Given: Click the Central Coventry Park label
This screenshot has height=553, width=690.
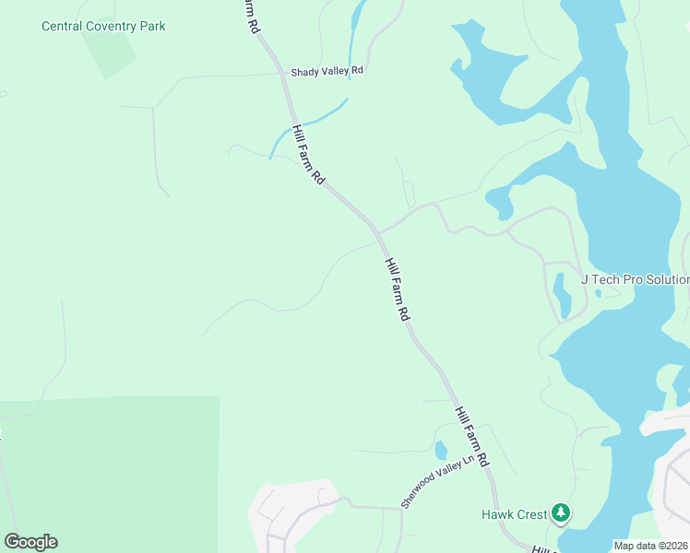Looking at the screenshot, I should tap(103, 26).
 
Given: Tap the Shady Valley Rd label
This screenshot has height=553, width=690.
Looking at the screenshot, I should tap(327, 71).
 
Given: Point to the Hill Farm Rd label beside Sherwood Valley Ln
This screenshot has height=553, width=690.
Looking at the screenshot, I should tap(471, 436).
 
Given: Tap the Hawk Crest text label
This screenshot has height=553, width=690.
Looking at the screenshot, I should tap(514, 513).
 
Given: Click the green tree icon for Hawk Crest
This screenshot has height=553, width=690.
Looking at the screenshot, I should tap(561, 513).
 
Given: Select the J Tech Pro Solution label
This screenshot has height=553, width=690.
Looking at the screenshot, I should tap(635, 279).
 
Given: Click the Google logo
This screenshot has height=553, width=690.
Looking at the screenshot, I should tap(30, 541).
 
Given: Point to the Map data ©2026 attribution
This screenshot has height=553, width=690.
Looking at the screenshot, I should tap(651, 546).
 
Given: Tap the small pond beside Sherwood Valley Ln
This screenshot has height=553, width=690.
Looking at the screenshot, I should tap(441, 451).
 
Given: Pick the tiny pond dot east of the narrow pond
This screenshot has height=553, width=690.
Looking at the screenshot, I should tap(599, 294).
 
